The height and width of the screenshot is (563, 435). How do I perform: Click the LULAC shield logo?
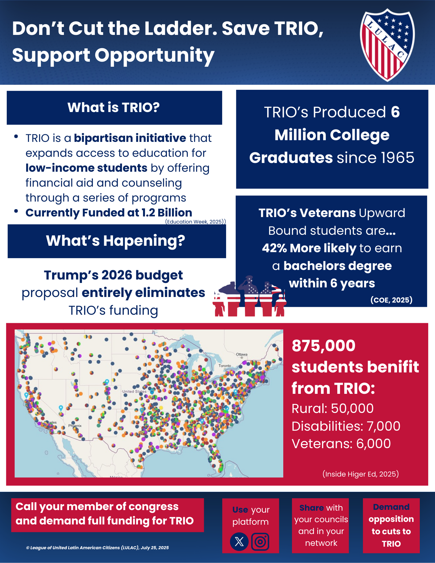click(x=387, y=45)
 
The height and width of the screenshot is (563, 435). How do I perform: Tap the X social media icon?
click(x=239, y=541)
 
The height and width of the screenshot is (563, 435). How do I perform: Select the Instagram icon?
click(x=260, y=541)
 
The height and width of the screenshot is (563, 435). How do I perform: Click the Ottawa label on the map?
click(x=242, y=354)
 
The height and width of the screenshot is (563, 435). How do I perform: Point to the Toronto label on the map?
click(x=225, y=366)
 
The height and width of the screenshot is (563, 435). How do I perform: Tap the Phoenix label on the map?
click(x=75, y=426)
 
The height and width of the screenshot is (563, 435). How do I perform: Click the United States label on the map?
click(x=134, y=391)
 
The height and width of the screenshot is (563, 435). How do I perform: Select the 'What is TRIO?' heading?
click(x=113, y=107)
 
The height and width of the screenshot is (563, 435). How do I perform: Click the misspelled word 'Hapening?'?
click(x=144, y=241)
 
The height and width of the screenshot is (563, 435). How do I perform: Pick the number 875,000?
click(x=324, y=345)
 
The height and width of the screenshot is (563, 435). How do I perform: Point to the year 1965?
click(x=397, y=158)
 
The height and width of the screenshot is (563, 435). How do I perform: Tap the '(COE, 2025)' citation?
click(x=391, y=300)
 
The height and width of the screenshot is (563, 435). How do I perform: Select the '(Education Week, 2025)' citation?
click(x=195, y=222)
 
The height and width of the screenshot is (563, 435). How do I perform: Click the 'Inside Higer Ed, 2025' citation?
click(x=360, y=474)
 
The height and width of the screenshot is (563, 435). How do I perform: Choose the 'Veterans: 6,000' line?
click(x=341, y=444)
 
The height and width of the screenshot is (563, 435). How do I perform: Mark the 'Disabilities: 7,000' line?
click(x=346, y=426)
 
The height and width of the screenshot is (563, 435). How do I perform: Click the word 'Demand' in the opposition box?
click(x=391, y=507)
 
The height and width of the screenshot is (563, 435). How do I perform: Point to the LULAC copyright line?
click(x=97, y=548)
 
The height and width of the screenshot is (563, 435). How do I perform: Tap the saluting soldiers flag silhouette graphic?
click(x=249, y=296)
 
